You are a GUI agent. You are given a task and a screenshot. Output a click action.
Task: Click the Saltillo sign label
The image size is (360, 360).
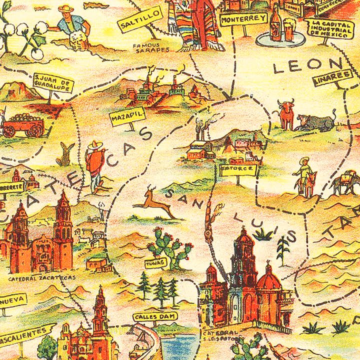[140, 19]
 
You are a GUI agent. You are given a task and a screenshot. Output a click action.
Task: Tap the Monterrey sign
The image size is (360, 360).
[243, 18]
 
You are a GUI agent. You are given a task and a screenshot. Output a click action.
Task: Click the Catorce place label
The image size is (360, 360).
[237, 170]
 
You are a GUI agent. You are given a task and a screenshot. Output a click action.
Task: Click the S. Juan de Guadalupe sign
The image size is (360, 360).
[52, 83]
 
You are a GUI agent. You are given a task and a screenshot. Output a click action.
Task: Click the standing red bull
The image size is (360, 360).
[286, 114]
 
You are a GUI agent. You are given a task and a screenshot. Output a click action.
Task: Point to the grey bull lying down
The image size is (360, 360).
[316, 122]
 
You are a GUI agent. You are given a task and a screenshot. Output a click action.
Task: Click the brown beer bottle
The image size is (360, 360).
[275, 24]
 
